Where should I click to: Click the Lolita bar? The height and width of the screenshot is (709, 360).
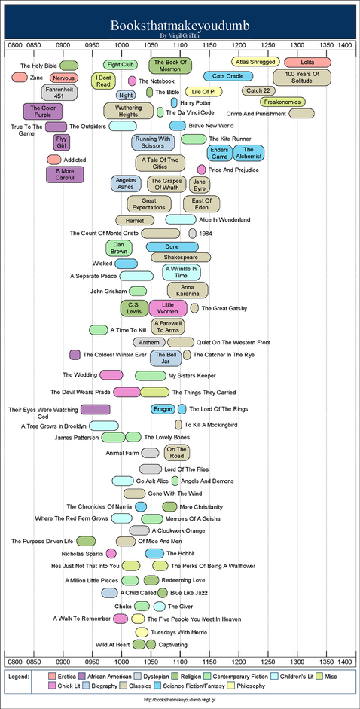click(307, 63)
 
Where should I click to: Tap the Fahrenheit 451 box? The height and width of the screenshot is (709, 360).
click(59, 92)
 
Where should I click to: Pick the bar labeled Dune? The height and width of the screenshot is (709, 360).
click(172, 246)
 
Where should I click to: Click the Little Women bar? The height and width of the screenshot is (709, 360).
click(168, 308)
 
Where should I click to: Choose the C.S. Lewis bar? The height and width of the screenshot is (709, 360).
click(134, 308)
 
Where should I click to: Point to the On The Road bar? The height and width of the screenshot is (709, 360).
click(176, 452)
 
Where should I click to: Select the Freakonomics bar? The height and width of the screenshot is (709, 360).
click(282, 102)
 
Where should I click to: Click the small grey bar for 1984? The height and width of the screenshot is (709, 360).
click(193, 234)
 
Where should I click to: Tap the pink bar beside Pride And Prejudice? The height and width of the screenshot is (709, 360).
click(202, 170)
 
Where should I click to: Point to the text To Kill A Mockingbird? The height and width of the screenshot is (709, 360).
click(211, 425)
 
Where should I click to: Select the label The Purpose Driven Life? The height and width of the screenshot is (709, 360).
click(42, 541)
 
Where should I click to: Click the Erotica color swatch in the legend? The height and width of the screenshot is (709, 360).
click(52, 677)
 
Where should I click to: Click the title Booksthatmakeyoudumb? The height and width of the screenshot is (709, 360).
click(180, 26)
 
